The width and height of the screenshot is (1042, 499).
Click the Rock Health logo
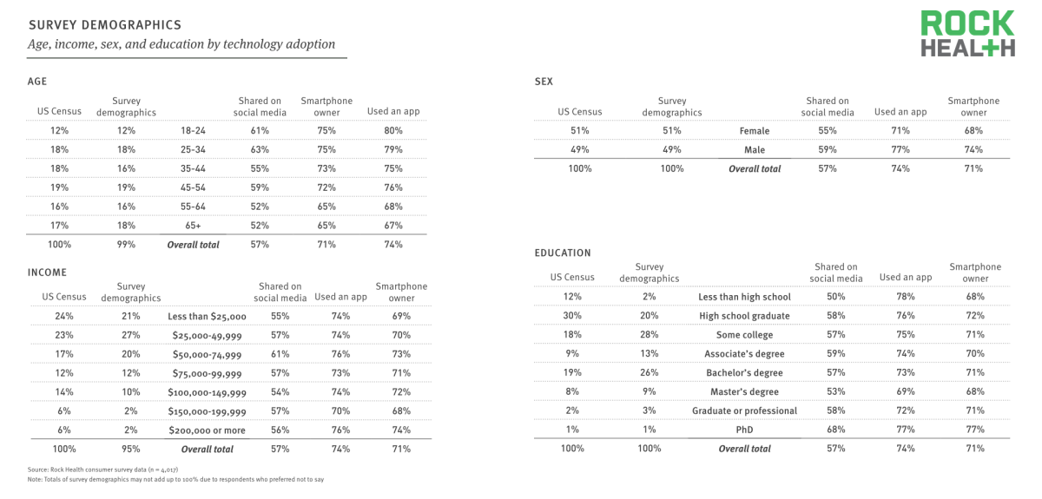967,34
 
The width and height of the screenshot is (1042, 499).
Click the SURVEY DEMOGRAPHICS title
105,25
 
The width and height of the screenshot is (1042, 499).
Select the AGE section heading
37,82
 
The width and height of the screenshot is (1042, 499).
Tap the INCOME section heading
47,272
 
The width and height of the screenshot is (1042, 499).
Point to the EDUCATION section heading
563,253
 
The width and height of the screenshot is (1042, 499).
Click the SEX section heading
544,82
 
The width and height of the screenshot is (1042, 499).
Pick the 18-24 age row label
193,131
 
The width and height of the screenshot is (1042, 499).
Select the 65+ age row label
193,226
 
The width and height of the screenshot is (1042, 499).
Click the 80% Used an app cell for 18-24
393,131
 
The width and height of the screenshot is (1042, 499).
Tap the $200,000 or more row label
207,430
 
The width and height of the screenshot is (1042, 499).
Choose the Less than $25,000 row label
207,316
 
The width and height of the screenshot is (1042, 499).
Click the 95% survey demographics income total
131,449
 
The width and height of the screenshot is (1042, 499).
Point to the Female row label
755,131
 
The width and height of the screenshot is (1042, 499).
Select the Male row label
755,150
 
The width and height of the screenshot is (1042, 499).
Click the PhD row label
744,430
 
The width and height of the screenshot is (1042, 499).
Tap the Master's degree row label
744,391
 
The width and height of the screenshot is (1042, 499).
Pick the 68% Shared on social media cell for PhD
836,430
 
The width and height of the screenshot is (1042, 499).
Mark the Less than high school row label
744,297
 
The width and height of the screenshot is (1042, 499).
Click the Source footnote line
102,469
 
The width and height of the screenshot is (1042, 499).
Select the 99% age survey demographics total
126,244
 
